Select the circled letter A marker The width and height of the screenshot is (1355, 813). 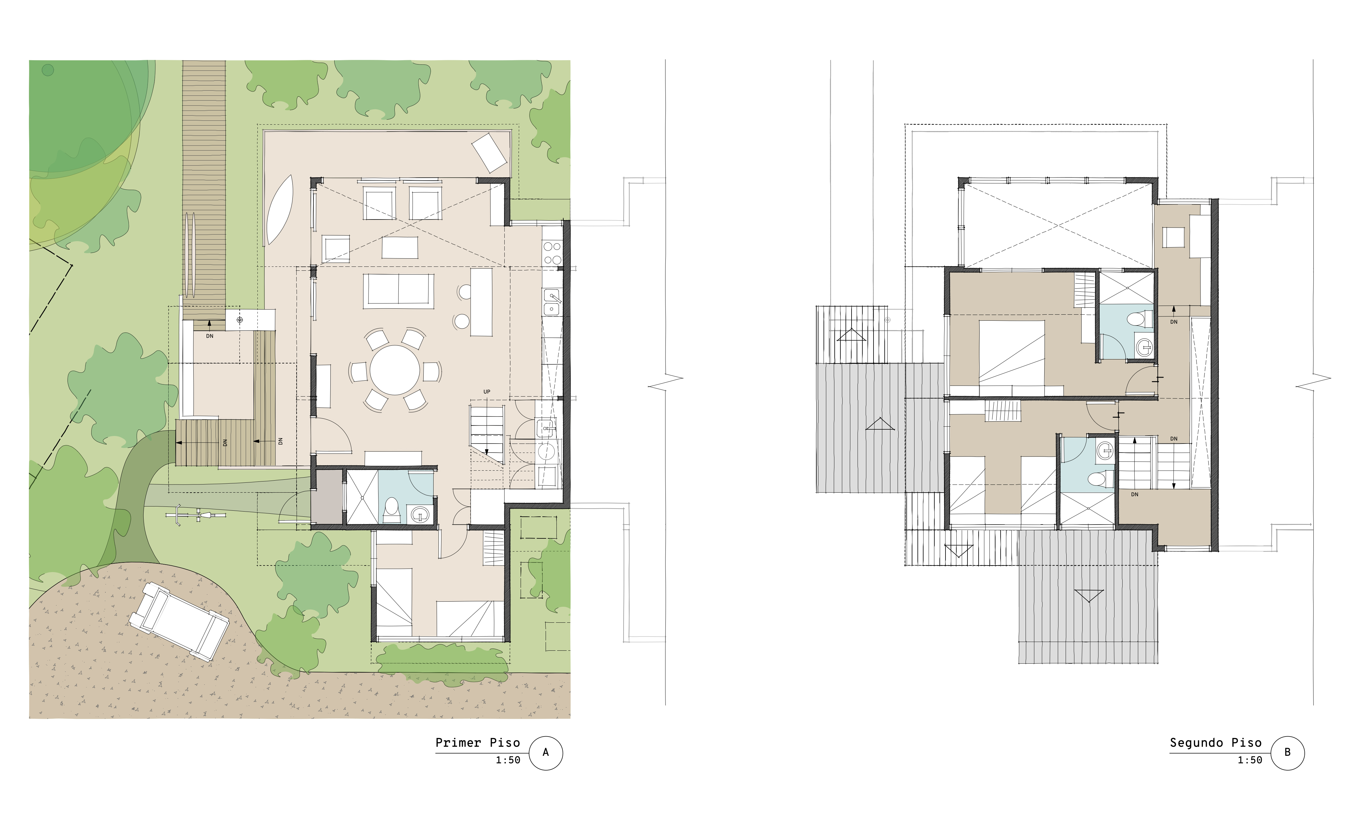[x=546, y=753]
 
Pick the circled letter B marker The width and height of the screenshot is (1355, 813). [x=1288, y=753]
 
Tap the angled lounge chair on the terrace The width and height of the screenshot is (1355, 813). [x=489, y=152]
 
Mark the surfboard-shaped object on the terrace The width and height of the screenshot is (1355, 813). [x=279, y=210]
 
